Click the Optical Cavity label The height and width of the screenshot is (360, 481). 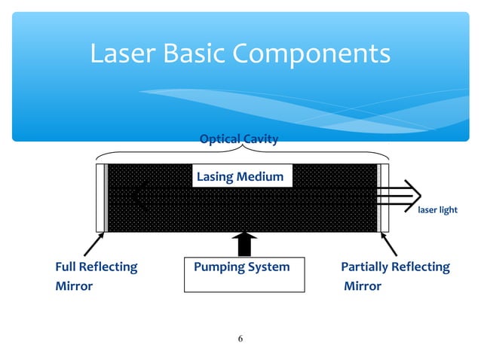[239, 139]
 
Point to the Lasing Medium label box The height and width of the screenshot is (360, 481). [240, 177]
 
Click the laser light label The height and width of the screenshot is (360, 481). [438, 210]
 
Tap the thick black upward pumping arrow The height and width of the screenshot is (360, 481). [243, 245]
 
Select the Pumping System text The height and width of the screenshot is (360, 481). [241, 267]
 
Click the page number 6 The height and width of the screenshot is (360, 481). [240, 338]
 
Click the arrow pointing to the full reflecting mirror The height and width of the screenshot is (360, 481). [93, 245]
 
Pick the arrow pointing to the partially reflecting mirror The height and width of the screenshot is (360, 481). [389, 245]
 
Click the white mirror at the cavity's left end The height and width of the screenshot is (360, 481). [100, 197]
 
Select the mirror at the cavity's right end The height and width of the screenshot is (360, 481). [384, 197]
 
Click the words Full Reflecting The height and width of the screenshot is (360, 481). [97, 267]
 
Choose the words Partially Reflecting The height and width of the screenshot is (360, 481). [395, 267]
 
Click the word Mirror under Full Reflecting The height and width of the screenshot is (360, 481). [74, 286]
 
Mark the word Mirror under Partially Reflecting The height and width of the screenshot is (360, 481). [363, 286]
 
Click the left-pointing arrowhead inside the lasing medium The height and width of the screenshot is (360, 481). [136, 197]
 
